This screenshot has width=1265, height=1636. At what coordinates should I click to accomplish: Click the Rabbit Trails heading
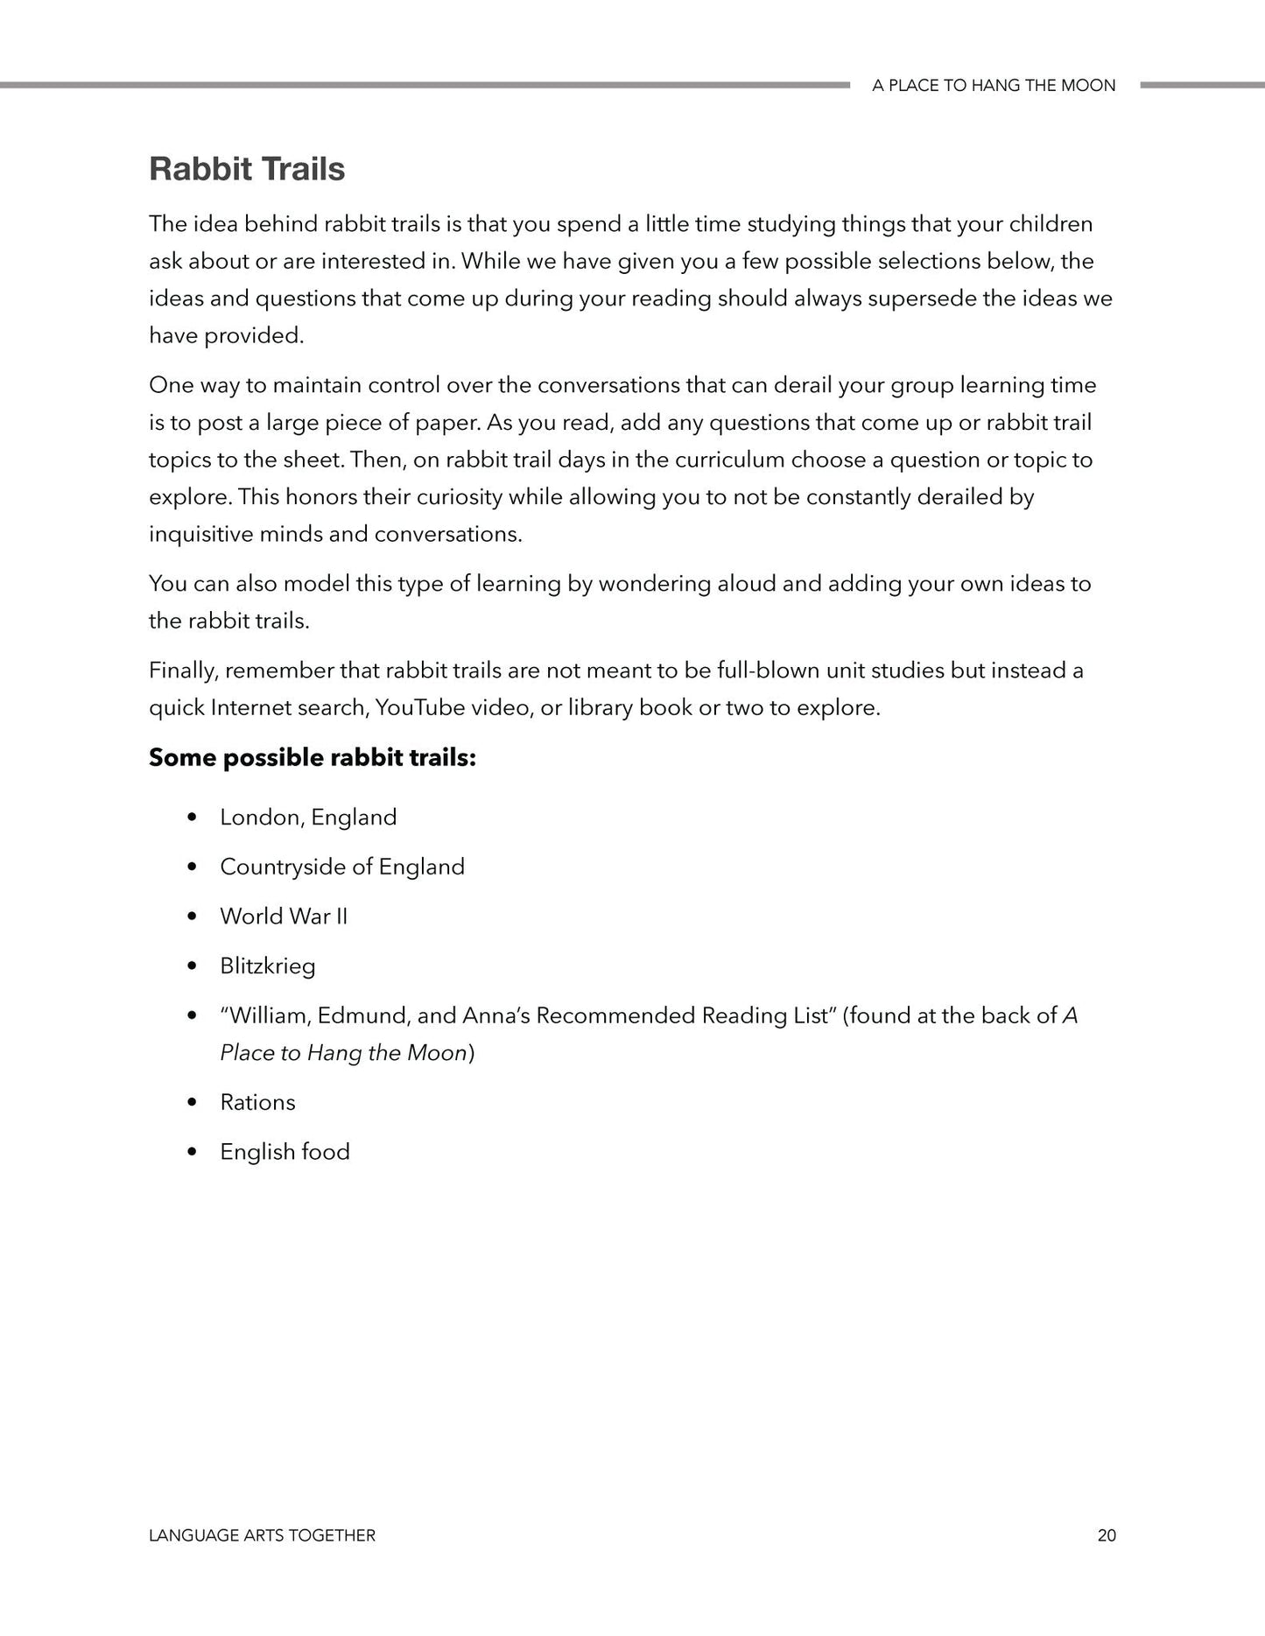pyautogui.click(x=247, y=169)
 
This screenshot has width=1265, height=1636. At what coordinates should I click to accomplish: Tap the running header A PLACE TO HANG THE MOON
pyautogui.click(x=994, y=86)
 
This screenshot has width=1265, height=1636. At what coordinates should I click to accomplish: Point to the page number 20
pyautogui.click(x=1106, y=1535)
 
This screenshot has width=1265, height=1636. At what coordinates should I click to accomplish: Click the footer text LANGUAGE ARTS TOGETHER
pyautogui.click(x=262, y=1535)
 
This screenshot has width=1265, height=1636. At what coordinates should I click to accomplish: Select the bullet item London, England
pyautogui.click(x=308, y=818)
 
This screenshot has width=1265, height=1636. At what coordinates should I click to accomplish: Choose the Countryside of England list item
pyautogui.click(x=342, y=867)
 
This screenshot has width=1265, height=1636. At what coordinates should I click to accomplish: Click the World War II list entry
pyautogui.click(x=284, y=916)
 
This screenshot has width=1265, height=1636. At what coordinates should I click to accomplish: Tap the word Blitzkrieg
pyautogui.click(x=268, y=966)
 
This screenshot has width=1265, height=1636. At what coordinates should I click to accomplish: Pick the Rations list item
pyautogui.click(x=257, y=1102)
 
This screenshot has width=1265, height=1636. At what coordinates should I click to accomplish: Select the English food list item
pyautogui.click(x=285, y=1152)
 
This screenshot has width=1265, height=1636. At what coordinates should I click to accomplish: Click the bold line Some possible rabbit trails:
pyautogui.click(x=313, y=758)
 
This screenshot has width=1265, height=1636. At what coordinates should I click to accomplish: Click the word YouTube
pyautogui.click(x=419, y=708)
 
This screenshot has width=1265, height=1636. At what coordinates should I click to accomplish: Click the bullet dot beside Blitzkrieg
pyautogui.click(x=192, y=966)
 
